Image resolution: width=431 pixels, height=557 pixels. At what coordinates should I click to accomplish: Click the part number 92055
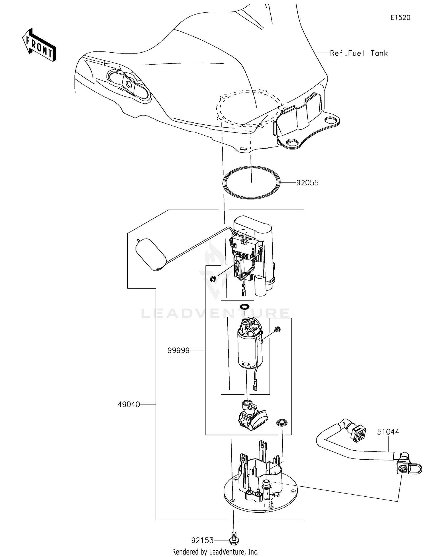click(x=307, y=183)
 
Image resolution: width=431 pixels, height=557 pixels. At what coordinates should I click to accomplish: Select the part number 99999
click(x=178, y=350)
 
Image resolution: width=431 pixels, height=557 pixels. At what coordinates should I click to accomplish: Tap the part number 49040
click(x=129, y=404)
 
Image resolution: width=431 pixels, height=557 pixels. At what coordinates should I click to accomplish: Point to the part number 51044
click(x=388, y=432)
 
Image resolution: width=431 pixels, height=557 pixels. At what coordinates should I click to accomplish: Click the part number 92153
click(x=202, y=541)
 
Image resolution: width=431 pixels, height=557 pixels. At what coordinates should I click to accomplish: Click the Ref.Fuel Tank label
click(x=359, y=53)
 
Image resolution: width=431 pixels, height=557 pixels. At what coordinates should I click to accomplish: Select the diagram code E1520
click(x=400, y=18)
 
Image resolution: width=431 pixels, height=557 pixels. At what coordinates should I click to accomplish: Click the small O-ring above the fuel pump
click(x=245, y=306)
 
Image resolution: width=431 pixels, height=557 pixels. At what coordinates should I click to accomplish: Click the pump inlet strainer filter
click(x=253, y=419)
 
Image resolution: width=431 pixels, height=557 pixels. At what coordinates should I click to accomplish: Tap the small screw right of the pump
click(x=278, y=329)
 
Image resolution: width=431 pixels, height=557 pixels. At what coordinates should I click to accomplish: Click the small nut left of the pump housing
click(x=213, y=278)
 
